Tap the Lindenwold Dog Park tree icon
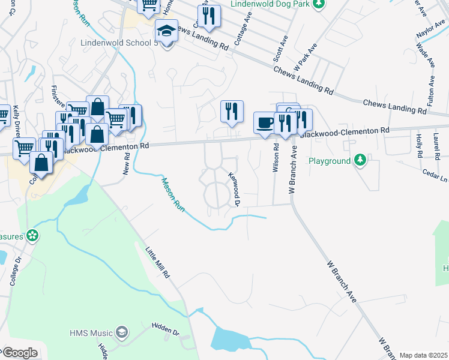click(320, 4)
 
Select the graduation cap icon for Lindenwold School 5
click(166, 29)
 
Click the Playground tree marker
click(360, 160)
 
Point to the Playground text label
click(329, 161)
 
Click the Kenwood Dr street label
click(234, 189)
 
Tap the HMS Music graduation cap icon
click(122, 332)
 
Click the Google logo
click(19, 353)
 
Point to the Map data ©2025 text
click(423, 355)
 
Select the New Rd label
click(127, 163)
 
